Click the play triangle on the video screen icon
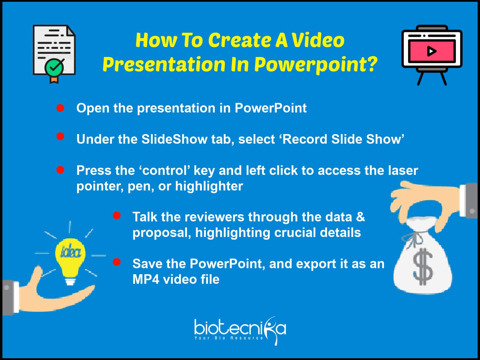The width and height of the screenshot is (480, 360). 431,51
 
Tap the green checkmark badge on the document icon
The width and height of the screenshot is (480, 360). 54,67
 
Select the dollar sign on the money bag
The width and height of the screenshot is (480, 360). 423,266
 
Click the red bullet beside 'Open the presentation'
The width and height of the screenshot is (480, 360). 60,108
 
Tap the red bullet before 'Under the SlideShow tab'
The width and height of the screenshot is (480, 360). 60,136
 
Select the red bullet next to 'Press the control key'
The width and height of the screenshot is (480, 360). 60,170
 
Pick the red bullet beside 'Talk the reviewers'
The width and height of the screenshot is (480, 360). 117,215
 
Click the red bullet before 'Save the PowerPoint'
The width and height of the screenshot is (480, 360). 117,262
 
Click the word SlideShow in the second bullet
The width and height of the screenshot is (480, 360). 174,139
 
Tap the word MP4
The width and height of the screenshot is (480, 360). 146,279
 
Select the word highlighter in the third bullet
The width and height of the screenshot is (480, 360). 209,186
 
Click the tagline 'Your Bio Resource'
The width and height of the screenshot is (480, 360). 229,338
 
